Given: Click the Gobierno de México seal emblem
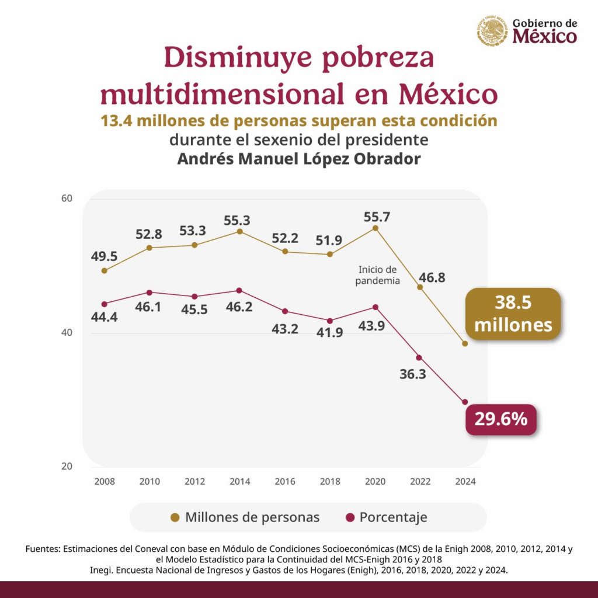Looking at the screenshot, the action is pyautogui.click(x=492, y=31).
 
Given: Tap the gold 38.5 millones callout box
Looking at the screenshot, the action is pyautogui.click(x=513, y=314).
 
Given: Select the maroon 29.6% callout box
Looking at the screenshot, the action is pyautogui.click(x=500, y=419).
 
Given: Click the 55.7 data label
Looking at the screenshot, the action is pyautogui.click(x=377, y=217).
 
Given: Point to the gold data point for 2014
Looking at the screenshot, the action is pyautogui.click(x=239, y=231).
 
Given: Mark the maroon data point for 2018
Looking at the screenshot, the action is pyautogui.click(x=330, y=321).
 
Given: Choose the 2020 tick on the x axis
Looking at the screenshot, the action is pyautogui.click(x=376, y=481).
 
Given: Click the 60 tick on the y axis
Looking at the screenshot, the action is pyautogui.click(x=67, y=199).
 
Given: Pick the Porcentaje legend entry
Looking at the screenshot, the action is pyautogui.click(x=387, y=517).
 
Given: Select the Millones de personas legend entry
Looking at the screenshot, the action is pyautogui.click(x=245, y=517).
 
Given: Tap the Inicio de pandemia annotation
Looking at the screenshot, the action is pyautogui.click(x=378, y=275).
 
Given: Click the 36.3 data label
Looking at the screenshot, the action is pyautogui.click(x=413, y=374).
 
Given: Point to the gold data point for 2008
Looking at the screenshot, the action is pyautogui.click(x=104, y=271).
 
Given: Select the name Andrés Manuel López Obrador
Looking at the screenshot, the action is pyautogui.click(x=299, y=159).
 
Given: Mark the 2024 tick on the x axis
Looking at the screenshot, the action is pyautogui.click(x=465, y=481).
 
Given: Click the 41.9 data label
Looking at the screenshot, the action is pyautogui.click(x=329, y=332).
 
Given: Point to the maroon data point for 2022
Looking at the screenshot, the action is pyautogui.click(x=419, y=358).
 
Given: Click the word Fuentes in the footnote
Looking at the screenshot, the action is pyautogui.click(x=43, y=549).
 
